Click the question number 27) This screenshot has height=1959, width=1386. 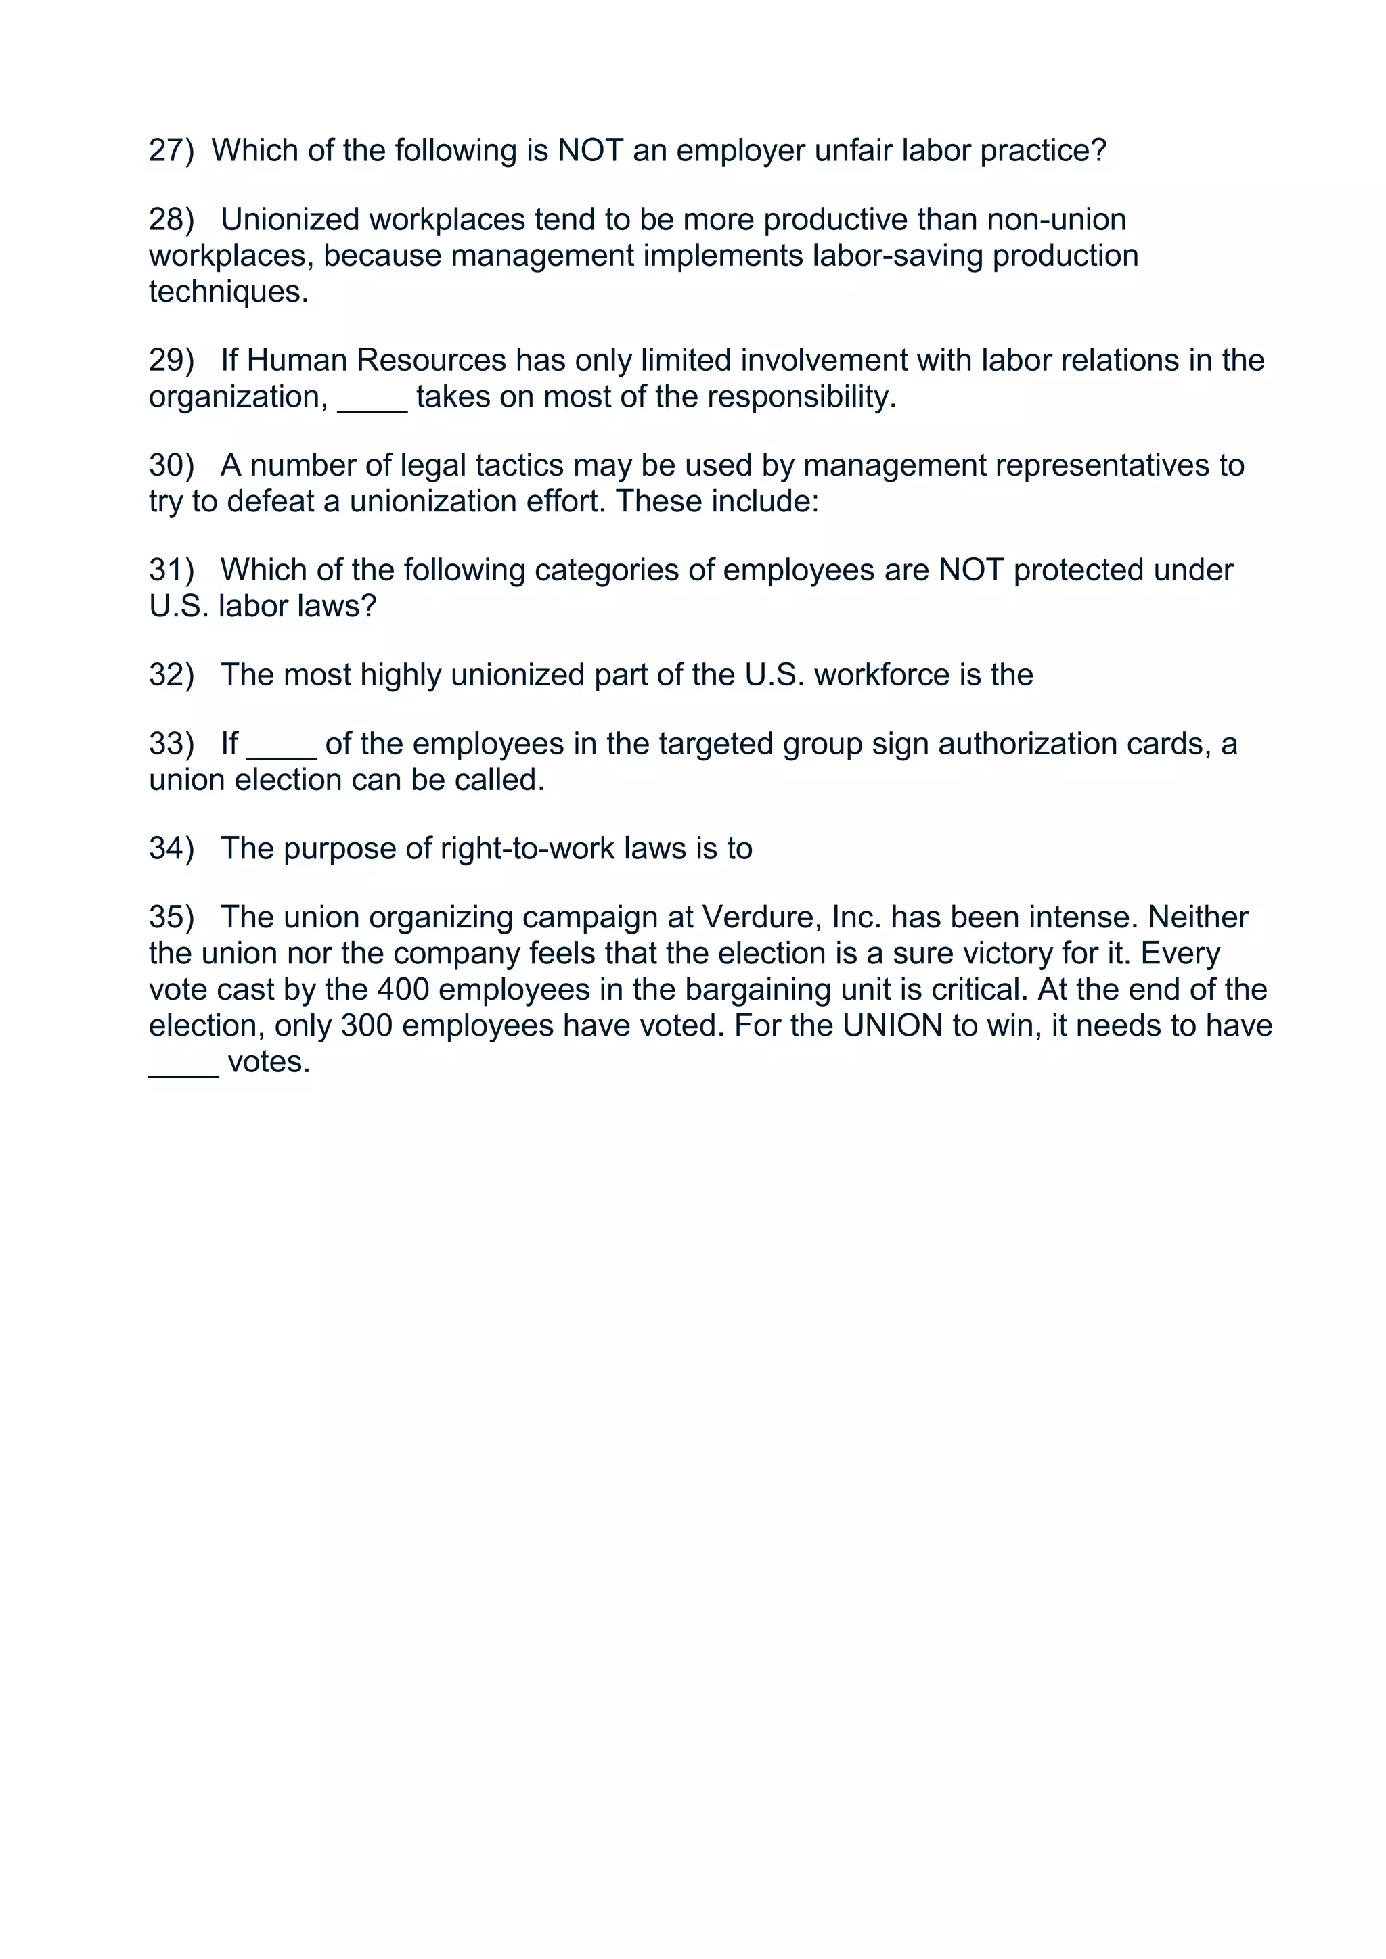pyautogui.click(x=171, y=151)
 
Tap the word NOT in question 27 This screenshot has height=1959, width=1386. pyautogui.click(x=589, y=151)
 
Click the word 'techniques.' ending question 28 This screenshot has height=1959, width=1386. pyautogui.click(x=228, y=292)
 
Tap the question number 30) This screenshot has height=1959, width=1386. pyautogui.click(x=171, y=466)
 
